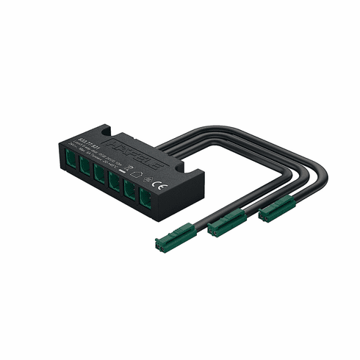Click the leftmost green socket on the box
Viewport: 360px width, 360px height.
coord(71,159)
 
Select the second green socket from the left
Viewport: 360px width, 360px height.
coord(86,168)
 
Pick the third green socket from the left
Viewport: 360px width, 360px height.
coord(99,175)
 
